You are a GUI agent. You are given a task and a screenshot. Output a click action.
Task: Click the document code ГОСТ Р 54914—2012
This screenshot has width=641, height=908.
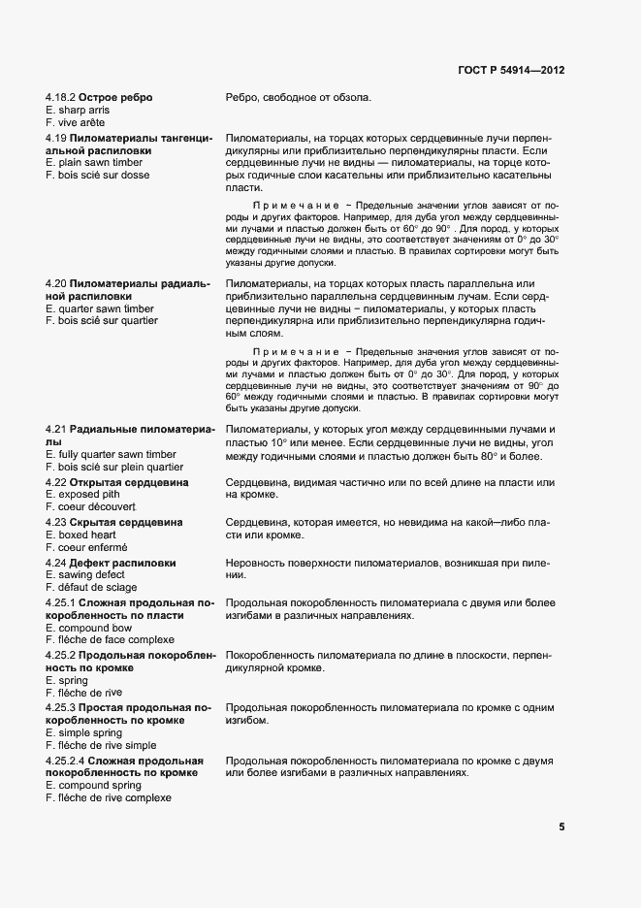pyautogui.click(x=512, y=70)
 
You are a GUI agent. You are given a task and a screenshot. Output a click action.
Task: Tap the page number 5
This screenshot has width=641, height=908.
pyautogui.click(x=561, y=827)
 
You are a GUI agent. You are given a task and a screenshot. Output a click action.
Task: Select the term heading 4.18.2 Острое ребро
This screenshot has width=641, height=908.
pyautogui.click(x=99, y=97)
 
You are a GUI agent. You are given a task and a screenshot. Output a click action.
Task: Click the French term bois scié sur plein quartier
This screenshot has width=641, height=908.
pyautogui.click(x=116, y=467)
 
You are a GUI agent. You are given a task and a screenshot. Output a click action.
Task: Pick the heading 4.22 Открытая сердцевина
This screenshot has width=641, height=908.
pyautogui.click(x=117, y=482)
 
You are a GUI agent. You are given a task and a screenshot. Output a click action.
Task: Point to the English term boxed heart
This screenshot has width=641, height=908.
pyautogui.click(x=80, y=535)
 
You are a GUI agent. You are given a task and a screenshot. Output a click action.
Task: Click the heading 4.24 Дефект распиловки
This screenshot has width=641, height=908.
pyautogui.click(x=111, y=562)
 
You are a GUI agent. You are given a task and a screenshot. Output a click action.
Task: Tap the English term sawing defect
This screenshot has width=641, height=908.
pyautogui.click(x=84, y=574)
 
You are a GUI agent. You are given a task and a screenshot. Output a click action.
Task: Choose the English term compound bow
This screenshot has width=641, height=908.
pyautogui.click(x=88, y=628)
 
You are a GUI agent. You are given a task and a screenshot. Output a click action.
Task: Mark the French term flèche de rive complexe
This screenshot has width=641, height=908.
pyautogui.click(x=108, y=797)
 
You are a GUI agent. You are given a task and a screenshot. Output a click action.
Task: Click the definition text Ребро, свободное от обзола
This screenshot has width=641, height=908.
pyautogui.click(x=299, y=97)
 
